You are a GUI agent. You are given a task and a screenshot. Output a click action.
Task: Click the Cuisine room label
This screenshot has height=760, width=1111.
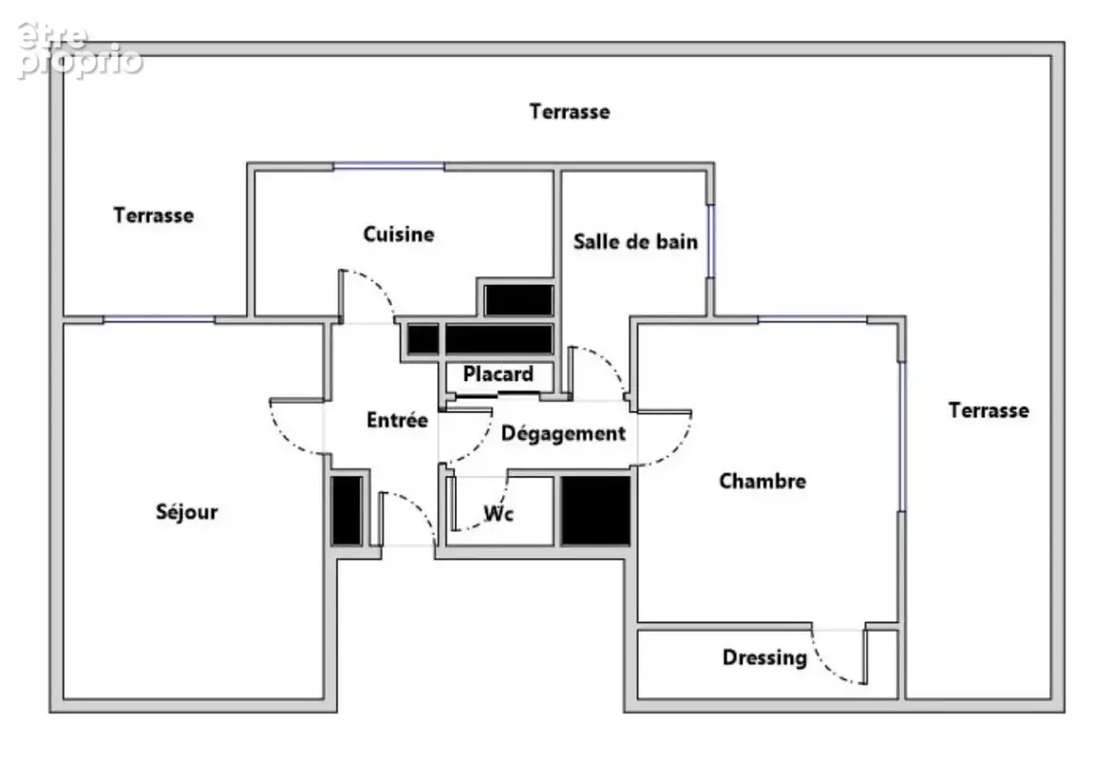tap(398, 234)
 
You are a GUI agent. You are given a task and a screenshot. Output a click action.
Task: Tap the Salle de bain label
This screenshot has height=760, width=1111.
tap(635, 241)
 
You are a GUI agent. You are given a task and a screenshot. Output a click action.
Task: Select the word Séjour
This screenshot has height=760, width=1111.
tap(187, 511)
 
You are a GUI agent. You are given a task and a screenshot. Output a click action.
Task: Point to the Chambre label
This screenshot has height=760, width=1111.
tap(763, 481)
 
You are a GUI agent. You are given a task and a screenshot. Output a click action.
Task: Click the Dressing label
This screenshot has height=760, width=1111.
tap(764, 658)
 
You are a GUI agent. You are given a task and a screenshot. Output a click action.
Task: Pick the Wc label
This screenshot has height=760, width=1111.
tap(499, 513)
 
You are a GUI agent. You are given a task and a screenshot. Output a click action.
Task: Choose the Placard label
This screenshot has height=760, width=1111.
tap(499, 373)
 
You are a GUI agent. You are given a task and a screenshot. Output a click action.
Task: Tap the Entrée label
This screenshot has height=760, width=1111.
tap(398, 420)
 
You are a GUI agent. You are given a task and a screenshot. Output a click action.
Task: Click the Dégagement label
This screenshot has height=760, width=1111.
tap(563, 433)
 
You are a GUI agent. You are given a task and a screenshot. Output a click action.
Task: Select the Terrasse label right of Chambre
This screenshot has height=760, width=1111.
tap(989, 409)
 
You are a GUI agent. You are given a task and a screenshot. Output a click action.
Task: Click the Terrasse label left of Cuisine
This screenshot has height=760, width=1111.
tap(154, 215)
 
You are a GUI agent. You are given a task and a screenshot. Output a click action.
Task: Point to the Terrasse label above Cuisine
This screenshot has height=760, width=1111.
tap(570, 111)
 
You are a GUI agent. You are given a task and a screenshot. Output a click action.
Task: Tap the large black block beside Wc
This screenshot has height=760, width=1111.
tap(596, 510)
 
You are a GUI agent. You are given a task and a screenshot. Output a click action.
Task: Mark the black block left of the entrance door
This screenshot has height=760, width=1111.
tap(347, 510)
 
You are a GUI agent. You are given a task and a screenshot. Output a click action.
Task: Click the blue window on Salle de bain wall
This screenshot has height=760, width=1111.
tap(710, 241)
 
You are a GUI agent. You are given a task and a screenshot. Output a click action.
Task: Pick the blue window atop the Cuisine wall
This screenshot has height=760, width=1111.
tap(389, 166)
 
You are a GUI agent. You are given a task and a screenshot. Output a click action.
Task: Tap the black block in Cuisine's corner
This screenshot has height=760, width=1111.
tap(518, 300)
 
